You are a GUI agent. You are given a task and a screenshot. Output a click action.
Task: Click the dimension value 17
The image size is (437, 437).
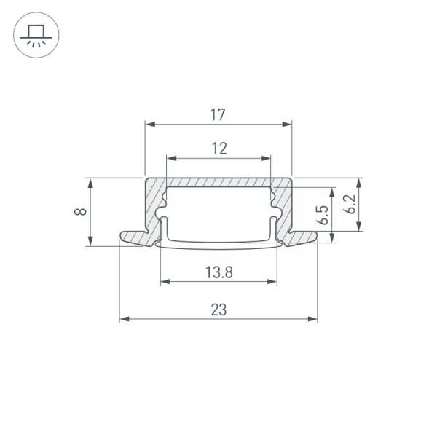tap(217, 114)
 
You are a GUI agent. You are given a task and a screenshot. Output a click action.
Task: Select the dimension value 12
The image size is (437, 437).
tap(220, 149)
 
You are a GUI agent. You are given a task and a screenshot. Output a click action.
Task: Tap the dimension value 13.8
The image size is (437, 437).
tap(219, 272)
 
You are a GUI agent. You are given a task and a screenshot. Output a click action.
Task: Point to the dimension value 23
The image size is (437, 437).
tap(219, 310)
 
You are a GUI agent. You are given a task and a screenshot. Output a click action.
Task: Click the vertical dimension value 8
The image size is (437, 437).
tap(81, 211)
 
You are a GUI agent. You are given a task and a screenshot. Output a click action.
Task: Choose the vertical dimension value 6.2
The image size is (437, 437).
tap(350, 204)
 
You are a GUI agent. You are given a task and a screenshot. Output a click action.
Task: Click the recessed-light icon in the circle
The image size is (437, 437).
tap(36, 35)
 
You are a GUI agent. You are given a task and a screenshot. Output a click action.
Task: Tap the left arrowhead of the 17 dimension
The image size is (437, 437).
tap(150, 124)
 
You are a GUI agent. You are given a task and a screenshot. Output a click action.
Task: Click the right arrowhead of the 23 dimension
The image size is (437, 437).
tap(312, 319)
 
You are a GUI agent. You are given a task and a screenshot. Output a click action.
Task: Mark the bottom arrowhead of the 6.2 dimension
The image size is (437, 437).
tap(359, 226)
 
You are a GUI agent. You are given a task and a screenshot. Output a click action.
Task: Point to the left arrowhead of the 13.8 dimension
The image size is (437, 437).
tap(165, 281)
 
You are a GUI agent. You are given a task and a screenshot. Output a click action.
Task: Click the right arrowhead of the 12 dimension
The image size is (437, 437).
tap(266, 158)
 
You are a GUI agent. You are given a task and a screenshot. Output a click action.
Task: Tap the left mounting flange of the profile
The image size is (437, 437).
tap(134, 237)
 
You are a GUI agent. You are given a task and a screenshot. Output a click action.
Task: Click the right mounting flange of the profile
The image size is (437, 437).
tap(303, 237)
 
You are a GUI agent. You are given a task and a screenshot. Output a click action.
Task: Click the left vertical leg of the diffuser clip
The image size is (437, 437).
tap(165, 228)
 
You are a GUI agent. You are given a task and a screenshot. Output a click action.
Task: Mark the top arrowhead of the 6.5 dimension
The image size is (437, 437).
tap(331, 192)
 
